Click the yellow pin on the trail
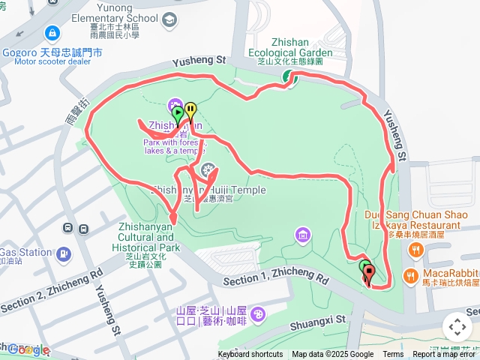(190, 110)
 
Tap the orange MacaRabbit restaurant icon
(410, 275)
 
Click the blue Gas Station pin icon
(63, 253)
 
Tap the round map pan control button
(457, 326)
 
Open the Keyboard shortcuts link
(250, 355)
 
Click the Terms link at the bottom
(393, 355)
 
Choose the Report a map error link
(444, 355)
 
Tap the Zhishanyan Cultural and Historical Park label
(148, 236)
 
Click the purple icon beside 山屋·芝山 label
(258, 313)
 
